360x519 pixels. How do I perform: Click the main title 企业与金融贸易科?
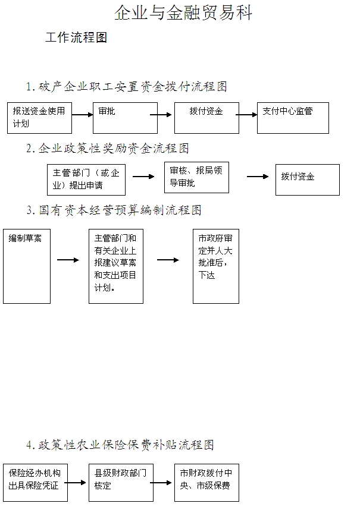coord(183,13)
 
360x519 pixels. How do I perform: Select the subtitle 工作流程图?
coord(76,38)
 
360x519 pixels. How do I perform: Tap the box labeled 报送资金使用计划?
coord(39,118)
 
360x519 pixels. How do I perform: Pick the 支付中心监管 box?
coord(293,118)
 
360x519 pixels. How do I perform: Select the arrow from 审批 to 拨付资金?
coord(161,114)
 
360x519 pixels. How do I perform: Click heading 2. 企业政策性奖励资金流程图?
coord(107,148)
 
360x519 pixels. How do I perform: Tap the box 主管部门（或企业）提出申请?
coord(86,179)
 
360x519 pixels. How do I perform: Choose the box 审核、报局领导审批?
coord(196,177)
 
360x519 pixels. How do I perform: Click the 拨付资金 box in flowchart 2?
coord(307,179)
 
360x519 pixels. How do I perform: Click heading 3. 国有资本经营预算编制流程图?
coord(114,210)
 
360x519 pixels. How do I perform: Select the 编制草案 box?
coord(27,266)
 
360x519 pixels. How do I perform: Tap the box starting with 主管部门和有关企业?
coord(116,266)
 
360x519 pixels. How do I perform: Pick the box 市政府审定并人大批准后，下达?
coord(215,266)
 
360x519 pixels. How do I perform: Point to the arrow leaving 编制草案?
coord(68,260)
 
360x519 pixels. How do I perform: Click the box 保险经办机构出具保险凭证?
coord(35,482)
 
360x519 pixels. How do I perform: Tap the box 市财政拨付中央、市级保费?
coord(206,482)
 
